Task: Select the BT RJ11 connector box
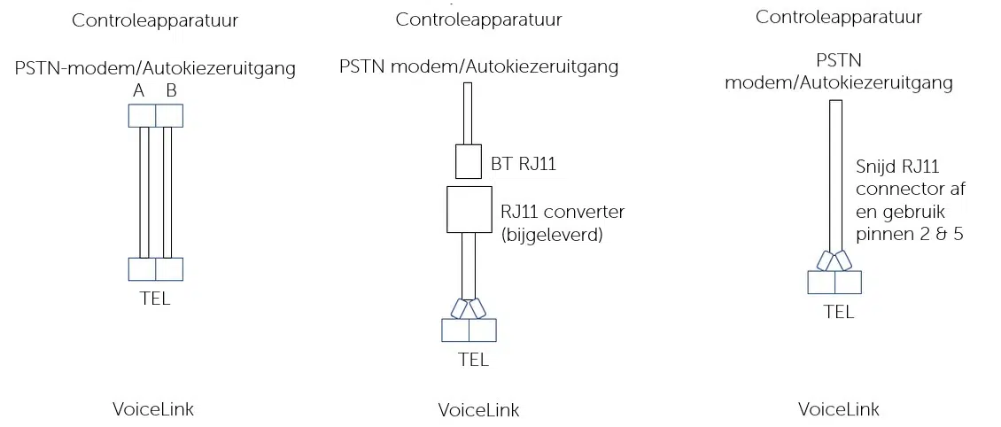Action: (468, 161)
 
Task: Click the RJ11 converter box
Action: (468, 209)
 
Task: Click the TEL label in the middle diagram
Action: (472, 360)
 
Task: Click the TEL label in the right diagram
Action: (838, 311)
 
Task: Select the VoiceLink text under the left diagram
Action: (153, 408)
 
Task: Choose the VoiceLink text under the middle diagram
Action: (478, 410)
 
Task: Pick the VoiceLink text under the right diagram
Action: (838, 408)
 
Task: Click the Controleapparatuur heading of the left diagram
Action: (155, 19)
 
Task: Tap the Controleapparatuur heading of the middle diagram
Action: (478, 19)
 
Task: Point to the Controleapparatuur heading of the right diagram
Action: (839, 17)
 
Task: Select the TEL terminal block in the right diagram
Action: (834, 282)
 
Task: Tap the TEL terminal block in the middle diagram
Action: (469, 330)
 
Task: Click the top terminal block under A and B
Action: (155, 115)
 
